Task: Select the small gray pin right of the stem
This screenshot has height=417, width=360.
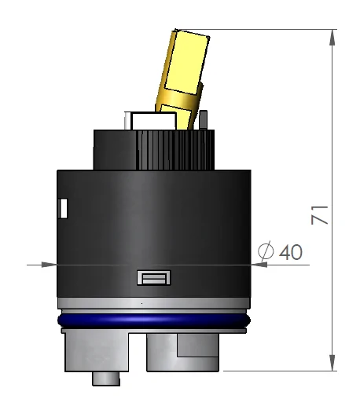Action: pos(204,120)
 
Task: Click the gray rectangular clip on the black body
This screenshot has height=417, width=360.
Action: pos(153,277)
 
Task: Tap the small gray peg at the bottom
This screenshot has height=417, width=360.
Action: pos(107,379)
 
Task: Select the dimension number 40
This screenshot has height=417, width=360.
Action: pos(290,252)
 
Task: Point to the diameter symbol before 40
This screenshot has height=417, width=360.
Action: pos(266,252)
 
